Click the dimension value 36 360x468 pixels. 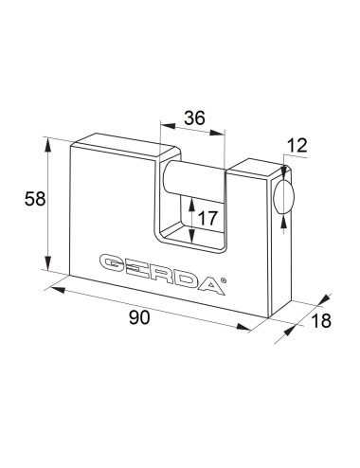click(194, 118)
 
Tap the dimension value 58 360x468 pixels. click(35, 199)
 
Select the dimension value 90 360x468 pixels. click(139, 317)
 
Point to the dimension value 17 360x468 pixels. click(207, 218)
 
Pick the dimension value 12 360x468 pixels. click(297, 146)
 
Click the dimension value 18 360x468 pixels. click(321, 320)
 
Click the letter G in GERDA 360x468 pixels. click(113, 263)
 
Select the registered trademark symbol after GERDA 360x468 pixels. click(223, 279)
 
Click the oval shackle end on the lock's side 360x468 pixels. click(283, 198)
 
